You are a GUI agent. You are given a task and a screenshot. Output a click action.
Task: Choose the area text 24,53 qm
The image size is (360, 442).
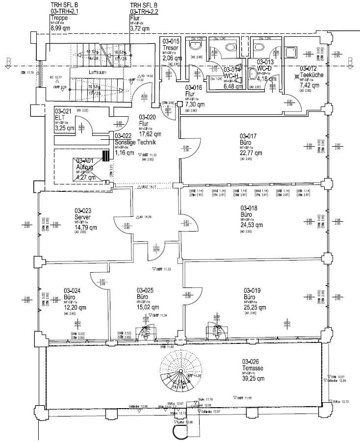pos(253,225)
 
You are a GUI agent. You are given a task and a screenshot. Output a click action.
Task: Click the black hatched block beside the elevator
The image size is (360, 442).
pos(105,156)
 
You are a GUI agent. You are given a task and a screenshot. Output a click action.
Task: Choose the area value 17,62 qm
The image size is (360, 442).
pos(151,133)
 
